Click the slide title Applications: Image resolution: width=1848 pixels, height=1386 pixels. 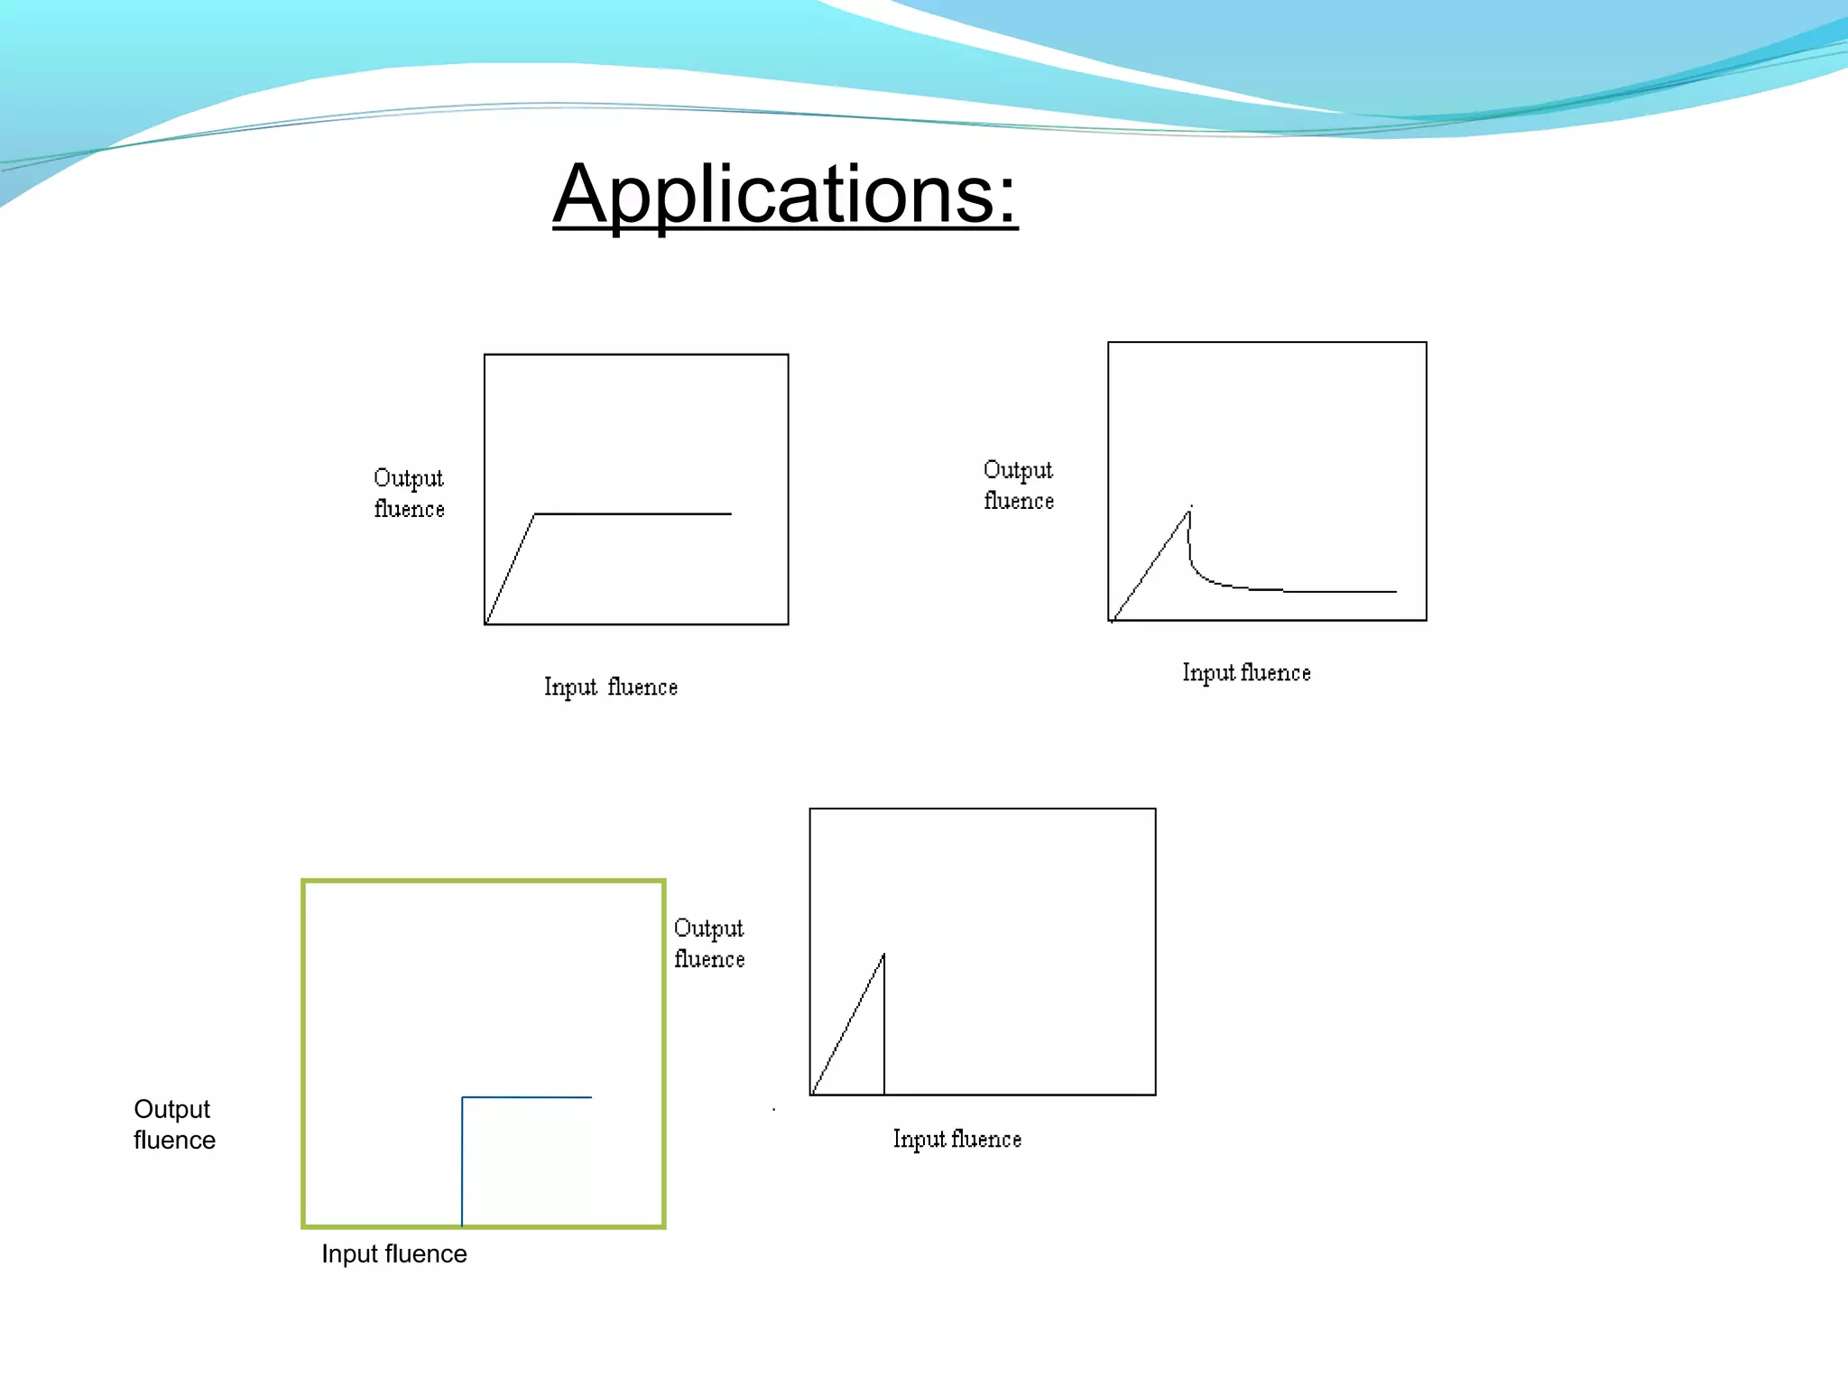pyautogui.click(x=785, y=194)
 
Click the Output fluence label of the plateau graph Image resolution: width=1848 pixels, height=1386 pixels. pyautogui.click(x=409, y=494)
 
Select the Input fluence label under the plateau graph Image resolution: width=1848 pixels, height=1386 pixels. pyautogui.click(x=610, y=688)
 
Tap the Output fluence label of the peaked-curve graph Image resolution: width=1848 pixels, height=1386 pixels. pyautogui.click(x=1018, y=485)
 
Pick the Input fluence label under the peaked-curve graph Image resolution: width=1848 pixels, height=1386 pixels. pyautogui.click(x=1246, y=673)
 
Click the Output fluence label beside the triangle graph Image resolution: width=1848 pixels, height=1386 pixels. pyautogui.click(x=709, y=944)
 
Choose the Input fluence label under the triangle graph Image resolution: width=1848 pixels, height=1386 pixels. pyautogui.click(x=956, y=1140)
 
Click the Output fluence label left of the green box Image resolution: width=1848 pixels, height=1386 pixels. pyautogui.click(x=174, y=1124)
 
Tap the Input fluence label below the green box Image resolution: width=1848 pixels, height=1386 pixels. pyautogui.click(x=394, y=1254)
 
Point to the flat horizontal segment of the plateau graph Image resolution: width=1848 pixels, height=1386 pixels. pyautogui.click(x=632, y=514)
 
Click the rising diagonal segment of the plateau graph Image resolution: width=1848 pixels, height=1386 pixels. pyautogui.click(x=510, y=568)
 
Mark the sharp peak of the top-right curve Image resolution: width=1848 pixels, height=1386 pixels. pyautogui.click(x=1189, y=512)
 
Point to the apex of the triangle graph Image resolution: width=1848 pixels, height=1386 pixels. pyautogui.click(x=883, y=955)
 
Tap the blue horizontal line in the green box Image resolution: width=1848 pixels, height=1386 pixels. pyautogui.click(x=528, y=1097)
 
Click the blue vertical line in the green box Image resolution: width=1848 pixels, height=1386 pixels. pyautogui.click(x=462, y=1164)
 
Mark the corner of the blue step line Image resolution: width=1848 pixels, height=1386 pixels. pyautogui.click(x=463, y=1098)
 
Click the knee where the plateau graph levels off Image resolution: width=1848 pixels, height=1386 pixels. pyautogui.click(x=535, y=514)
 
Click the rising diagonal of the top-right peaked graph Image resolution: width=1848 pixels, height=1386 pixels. pyautogui.click(x=1150, y=567)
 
